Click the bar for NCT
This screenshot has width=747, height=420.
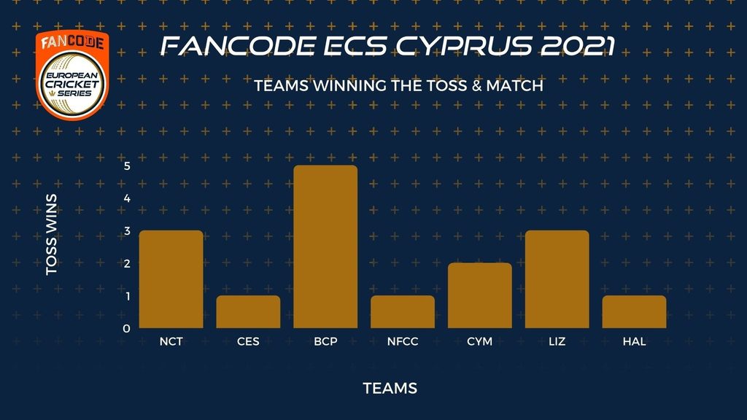tap(171, 279)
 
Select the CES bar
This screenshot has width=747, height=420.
tap(248, 312)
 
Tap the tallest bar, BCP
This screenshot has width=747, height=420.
tap(325, 246)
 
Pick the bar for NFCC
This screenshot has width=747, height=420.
tap(403, 312)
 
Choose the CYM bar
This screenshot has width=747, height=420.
tap(480, 295)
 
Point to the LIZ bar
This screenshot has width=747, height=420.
tap(557, 279)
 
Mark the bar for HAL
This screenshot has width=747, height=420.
tap(634, 312)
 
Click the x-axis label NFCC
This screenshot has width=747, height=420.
tap(403, 341)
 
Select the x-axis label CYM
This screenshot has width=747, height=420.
tap(480, 341)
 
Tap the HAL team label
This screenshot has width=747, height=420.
tap(634, 341)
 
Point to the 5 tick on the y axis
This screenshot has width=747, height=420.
tap(127, 166)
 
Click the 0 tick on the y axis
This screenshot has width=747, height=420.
tap(126, 329)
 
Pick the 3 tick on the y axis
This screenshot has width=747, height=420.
tap(127, 231)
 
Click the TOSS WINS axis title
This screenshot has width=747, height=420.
tap(52, 234)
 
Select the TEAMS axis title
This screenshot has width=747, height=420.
tap(390, 388)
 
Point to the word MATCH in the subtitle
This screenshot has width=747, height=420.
tap(514, 86)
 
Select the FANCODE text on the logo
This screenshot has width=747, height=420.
tap(72, 42)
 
